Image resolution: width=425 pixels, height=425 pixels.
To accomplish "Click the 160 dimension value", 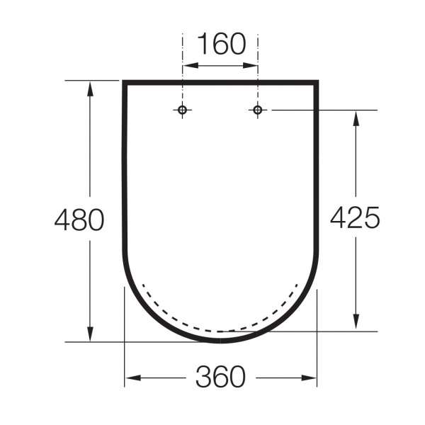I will coord(220,44).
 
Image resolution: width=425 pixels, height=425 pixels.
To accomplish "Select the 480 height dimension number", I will coord(79,220).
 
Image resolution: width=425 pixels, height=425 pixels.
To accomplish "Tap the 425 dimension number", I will coord(355,217).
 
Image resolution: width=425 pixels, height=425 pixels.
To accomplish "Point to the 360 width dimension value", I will coord(220,378).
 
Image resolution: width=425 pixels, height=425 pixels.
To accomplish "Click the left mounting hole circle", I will coord(183,110).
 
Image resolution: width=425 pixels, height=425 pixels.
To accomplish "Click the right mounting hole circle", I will coord(258,110).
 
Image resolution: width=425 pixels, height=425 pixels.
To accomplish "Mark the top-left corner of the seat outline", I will coord(125,83).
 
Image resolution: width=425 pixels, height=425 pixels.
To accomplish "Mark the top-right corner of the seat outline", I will coord(316,83).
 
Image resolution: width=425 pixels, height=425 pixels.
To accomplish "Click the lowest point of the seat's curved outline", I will coord(220,341).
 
